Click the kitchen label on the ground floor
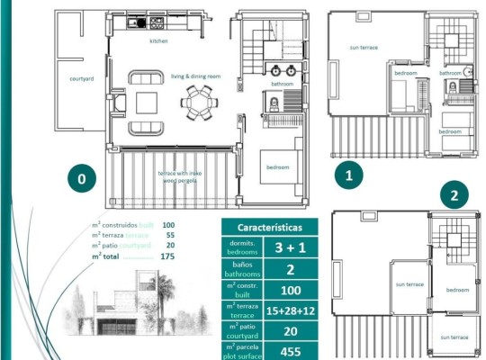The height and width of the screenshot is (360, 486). pyautogui.click(x=158, y=41)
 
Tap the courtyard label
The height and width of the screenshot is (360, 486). pyautogui.click(x=83, y=79)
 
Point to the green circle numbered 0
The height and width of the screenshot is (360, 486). pyautogui.click(x=81, y=179)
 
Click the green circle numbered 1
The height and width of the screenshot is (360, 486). pyautogui.click(x=349, y=175)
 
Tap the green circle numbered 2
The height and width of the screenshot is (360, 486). pyautogui.click(x=454, y=195)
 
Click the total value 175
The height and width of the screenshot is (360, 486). pyautogui.click(x=167, y=256)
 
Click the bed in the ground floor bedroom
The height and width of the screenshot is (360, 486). pyautogui.click(x=279, y=166)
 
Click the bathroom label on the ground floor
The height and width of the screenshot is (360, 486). pyautogui.click(x=283, y=84)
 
